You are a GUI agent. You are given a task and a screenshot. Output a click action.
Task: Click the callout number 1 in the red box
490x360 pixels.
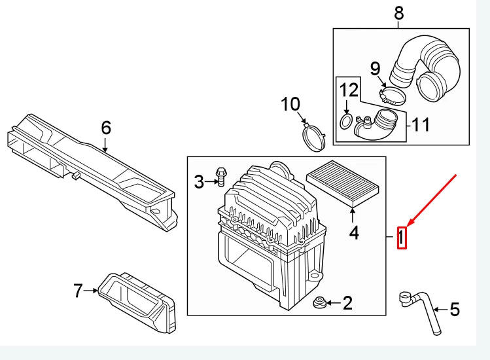tap(402, 237)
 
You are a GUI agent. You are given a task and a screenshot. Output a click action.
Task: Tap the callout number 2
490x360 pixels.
tap(348, 302)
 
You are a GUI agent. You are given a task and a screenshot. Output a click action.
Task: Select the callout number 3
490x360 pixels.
tap(200, 182)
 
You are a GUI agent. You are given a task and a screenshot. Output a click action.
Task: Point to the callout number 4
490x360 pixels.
tap(353, 232)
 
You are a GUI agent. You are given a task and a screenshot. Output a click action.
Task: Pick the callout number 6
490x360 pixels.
tap(106, 128)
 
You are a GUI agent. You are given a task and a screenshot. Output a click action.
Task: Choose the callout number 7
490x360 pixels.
tap(78, 290)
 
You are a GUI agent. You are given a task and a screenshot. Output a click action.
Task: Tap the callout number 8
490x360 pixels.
tap(398, 12)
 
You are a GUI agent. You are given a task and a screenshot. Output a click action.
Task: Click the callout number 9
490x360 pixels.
tap(375, 68)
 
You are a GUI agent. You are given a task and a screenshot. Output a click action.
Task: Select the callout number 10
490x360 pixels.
tap(290, 103)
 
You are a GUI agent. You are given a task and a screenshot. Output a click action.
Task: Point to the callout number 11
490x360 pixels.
tap(421, 124)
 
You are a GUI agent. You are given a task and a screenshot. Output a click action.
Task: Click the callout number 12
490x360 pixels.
tap(349, 89)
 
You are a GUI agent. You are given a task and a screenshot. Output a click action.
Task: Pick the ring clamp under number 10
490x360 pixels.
tap(314, 138)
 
